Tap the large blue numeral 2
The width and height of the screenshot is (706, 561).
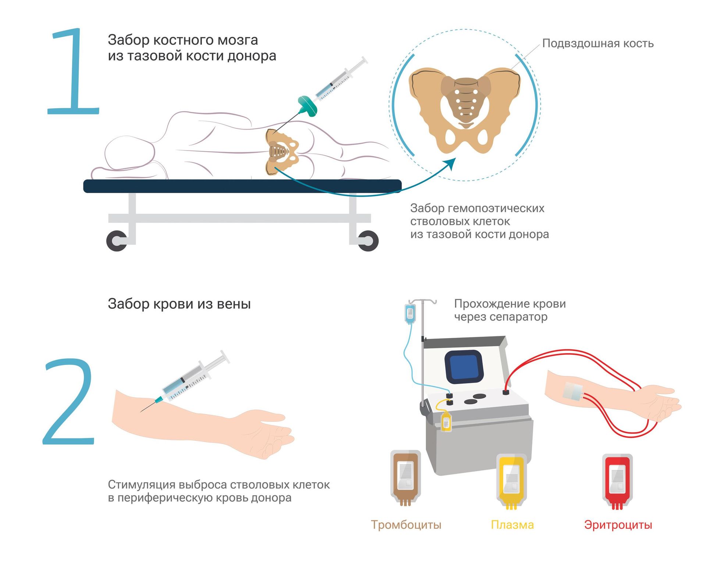pos(69,401)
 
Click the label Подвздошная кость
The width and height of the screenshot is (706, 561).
pos(598,43)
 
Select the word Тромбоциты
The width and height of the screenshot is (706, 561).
pos(406,525)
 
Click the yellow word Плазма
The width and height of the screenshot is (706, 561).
pos(512,525)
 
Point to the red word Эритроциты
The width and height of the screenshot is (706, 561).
pos(618,525)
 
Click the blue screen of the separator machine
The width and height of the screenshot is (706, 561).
pos(464,367)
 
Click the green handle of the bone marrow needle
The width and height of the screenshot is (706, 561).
pos(307,106)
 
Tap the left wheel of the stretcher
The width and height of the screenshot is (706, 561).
pos(117,241)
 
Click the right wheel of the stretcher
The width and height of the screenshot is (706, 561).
pos(368,241)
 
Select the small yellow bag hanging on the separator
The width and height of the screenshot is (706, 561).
pos(446,421)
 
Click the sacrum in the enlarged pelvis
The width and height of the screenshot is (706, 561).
pos(466,101)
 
